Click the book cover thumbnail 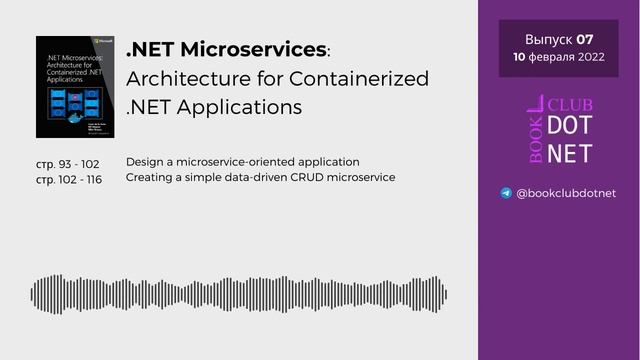(72, 87)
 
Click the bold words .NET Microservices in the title (227, 49)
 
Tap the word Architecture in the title (189, 78)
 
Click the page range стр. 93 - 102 (68, 164)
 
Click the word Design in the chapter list (144, 162)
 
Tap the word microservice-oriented (232, 162)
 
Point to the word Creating (149, 178)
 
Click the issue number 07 (584, 40)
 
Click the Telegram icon (506, 193)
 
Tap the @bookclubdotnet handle (567, 193)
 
